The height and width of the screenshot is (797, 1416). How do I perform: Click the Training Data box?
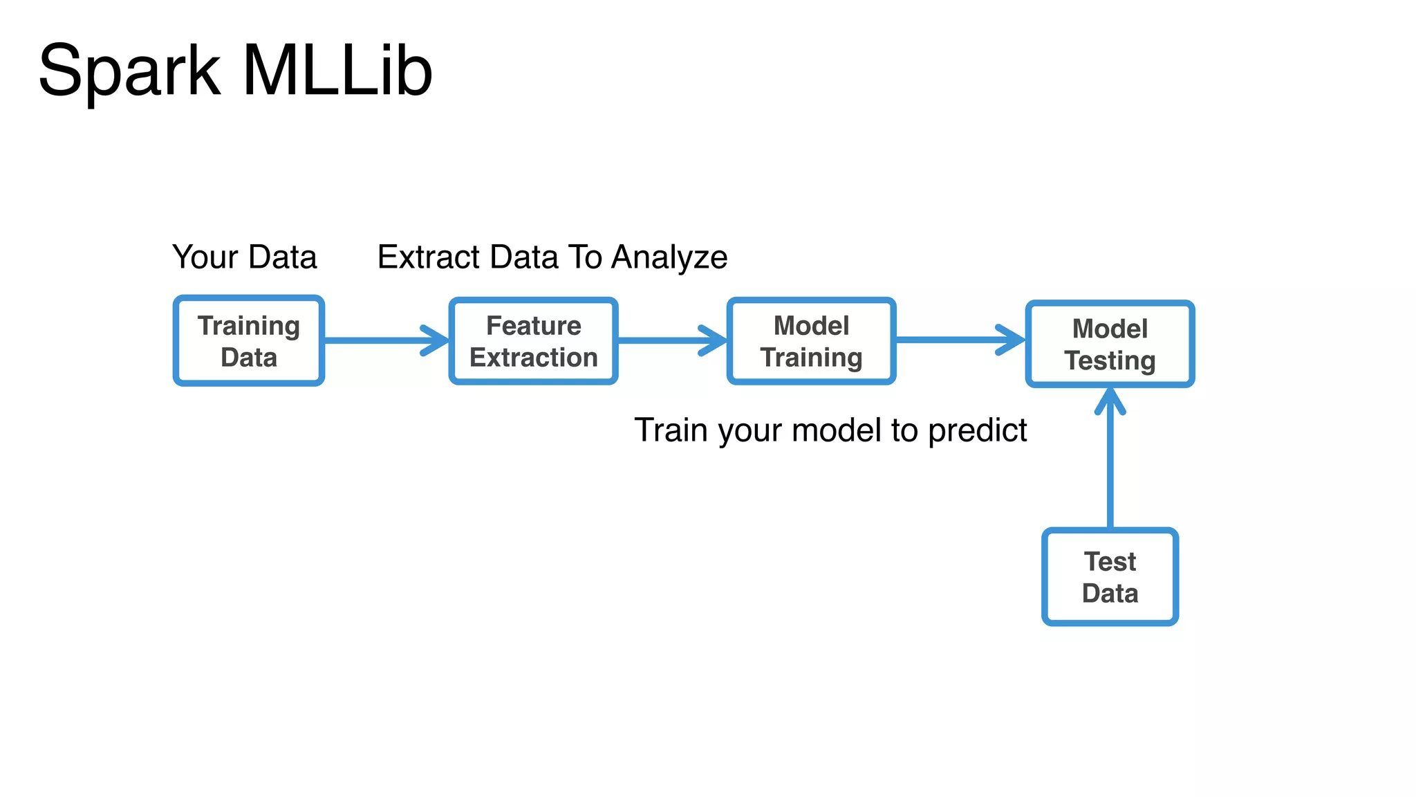click(x=249, y=341)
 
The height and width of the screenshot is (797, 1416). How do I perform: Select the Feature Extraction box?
click(x=533, y=341)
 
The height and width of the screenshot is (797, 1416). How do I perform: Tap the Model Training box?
click(x=811, y=341)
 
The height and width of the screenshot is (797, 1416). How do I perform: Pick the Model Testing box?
click(x=1110, y=344)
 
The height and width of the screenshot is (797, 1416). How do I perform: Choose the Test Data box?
click(x=1110, y=577)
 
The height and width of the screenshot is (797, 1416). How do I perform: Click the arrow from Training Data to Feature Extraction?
click(x=384, y=340)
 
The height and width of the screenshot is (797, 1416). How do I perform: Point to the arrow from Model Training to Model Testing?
click(x=958, y=340)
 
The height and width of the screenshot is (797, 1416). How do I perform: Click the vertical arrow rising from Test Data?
click(x=1110, y=470)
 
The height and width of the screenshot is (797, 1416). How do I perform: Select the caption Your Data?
click(x=244, y=257)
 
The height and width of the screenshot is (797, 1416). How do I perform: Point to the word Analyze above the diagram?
click(x=669, y=257)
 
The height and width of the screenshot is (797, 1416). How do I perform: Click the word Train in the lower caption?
click(x=671, y=430)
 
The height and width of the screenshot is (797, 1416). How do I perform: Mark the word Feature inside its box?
click(x=533, y=326)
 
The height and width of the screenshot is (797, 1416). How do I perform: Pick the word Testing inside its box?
click(x=1110, y=360)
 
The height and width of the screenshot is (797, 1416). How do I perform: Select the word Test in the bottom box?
click(x=1110, y=562)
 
